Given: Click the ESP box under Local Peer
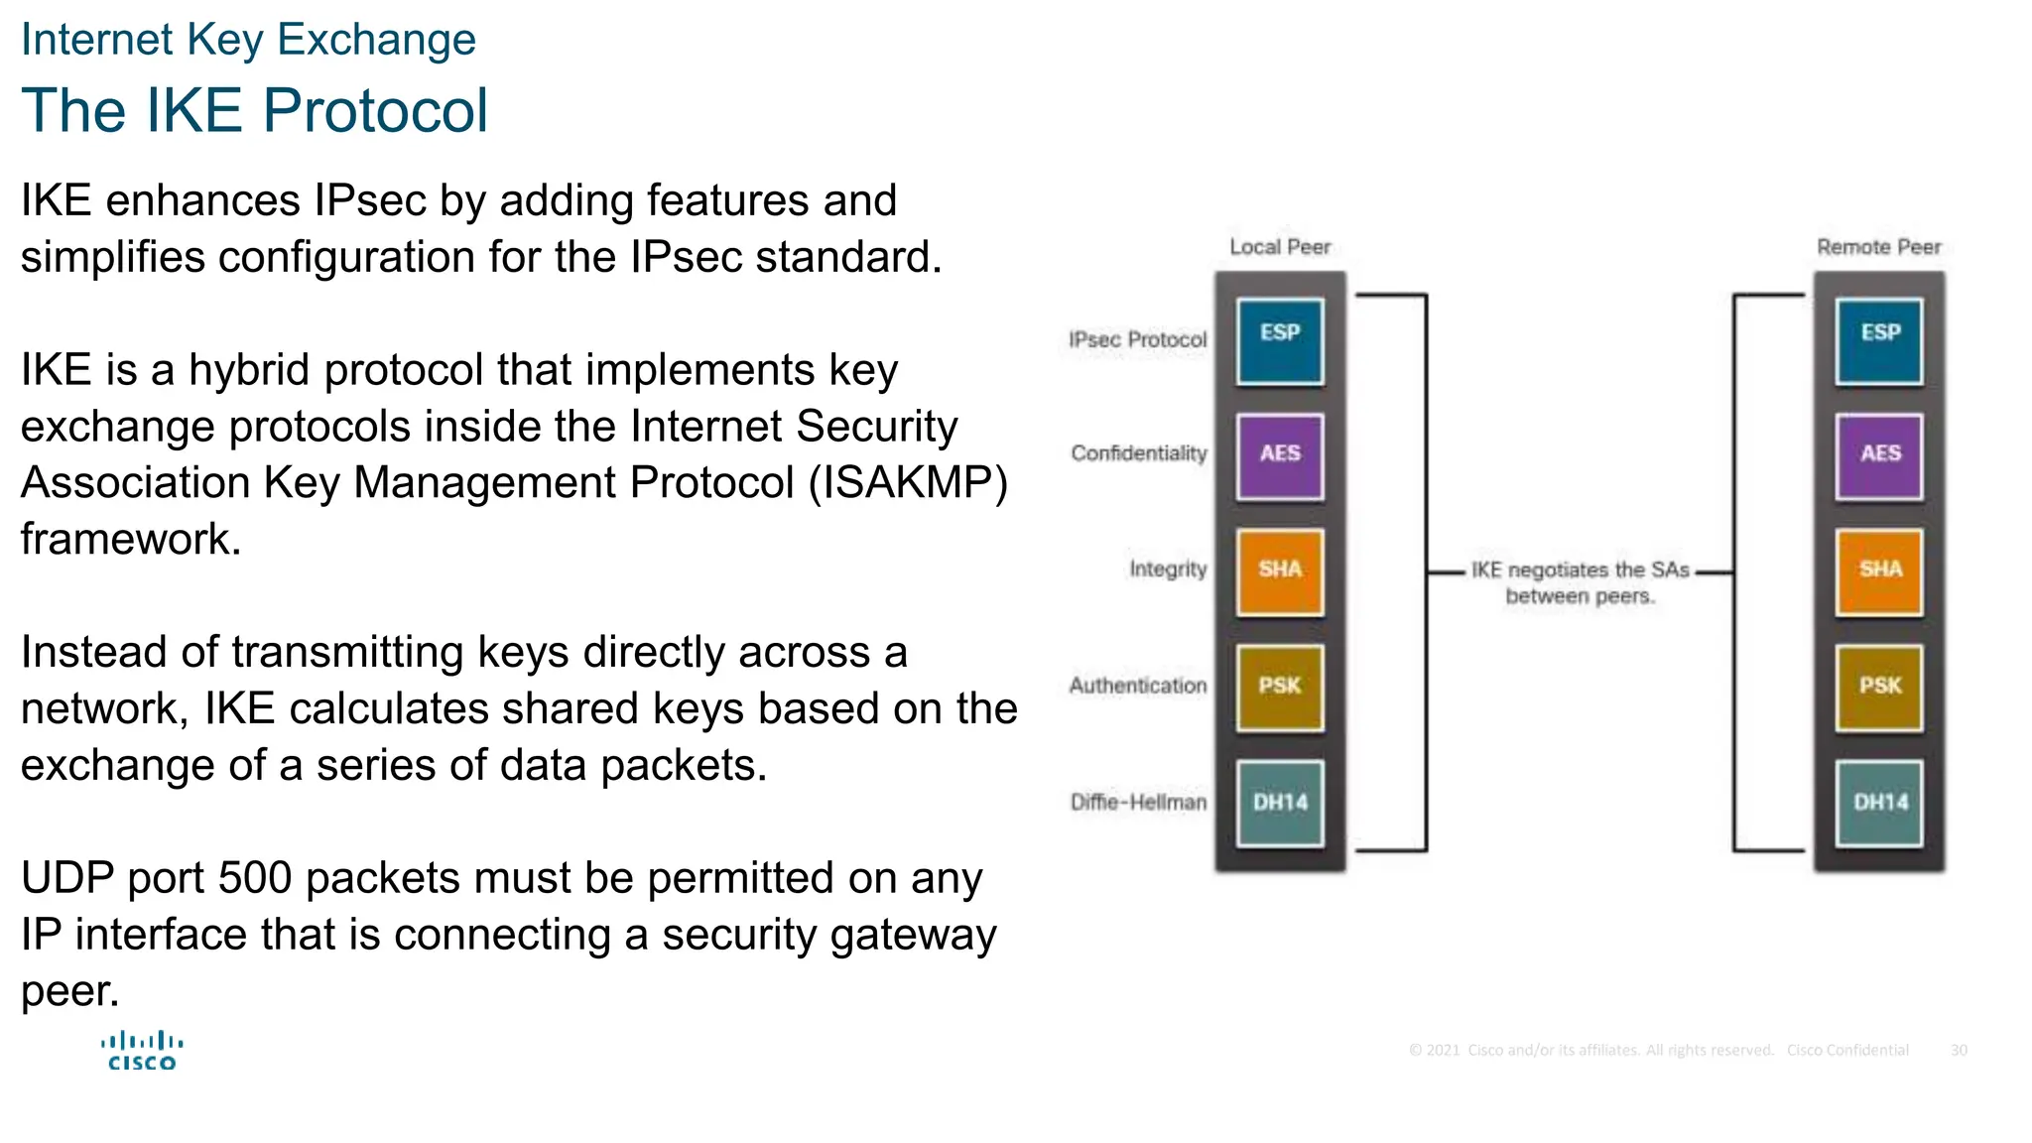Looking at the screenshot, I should (x=1279, y=341).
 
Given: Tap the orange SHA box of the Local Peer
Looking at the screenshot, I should (x=1279, y=571).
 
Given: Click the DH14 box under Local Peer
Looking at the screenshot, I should (x=1279, y=803).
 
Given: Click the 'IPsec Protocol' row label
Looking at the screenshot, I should (x=1137, y=340).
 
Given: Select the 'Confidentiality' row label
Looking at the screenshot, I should (x=1138, y=453).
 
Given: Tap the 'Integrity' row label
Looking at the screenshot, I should (x=1168, y=569).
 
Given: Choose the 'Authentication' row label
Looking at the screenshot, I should (x=1137, y=686).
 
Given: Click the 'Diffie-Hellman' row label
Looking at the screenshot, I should (x=1138, y=802).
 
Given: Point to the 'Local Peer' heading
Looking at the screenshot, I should (x=1279, y=247).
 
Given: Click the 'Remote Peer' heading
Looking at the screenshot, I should (x=1878, y=247).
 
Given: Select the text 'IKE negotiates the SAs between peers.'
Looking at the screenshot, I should (x=1580, y=582).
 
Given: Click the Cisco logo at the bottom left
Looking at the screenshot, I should (x=142, y=1052).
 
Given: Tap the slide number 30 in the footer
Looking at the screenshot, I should (x=1959, y=1050).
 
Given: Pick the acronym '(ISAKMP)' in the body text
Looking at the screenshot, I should (x=908, y=483).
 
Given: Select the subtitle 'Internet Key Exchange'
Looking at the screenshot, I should (x=248, y=40).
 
